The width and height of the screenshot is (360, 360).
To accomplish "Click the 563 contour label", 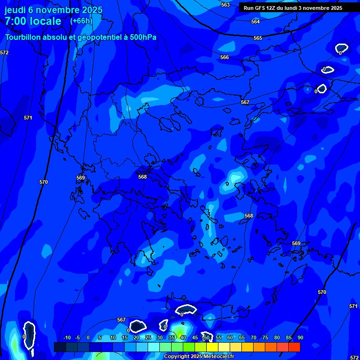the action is (225, 5).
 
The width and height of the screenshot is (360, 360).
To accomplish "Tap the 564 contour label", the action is (255, 22).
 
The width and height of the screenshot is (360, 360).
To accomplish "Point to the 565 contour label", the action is (258, 38).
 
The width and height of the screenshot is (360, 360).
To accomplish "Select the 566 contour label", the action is (225, 57).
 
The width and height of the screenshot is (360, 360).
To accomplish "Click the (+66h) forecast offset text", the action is (81, 21).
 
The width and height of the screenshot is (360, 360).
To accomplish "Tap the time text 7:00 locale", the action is (33, 21).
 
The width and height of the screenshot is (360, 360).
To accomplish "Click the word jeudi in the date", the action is (15, 10).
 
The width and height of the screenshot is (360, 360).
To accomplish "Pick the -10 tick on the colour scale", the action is (67, 338).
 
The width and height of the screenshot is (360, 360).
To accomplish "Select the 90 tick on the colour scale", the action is (300, 338).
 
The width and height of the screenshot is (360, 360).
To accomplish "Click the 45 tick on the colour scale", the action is (195, 338).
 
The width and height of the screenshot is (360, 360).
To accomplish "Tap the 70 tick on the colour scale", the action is (253, 338).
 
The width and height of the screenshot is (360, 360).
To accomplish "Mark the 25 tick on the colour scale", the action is (148, 338).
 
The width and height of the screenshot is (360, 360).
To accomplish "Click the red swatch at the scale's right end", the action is (294, 347).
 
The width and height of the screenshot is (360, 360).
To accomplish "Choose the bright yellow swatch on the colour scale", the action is (212, 347).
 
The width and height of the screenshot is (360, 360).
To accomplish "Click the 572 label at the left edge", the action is (4, 53).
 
